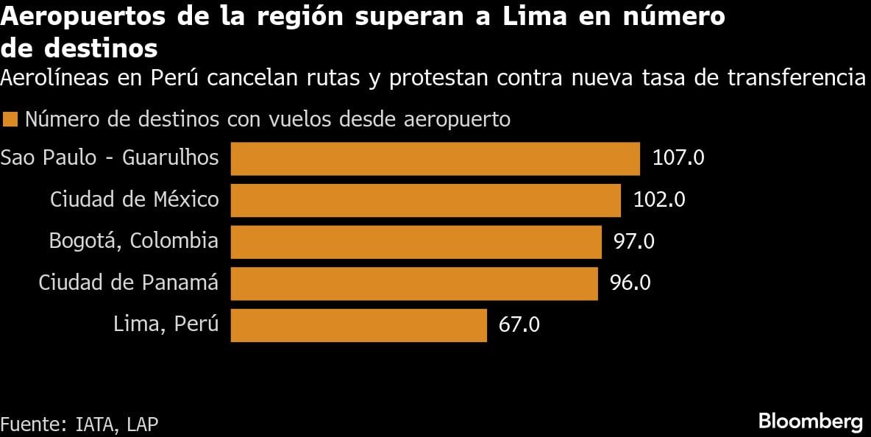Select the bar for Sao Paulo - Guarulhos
435,158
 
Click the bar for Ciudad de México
425,200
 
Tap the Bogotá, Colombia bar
416,241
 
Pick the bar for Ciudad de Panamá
414,283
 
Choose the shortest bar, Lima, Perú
358,324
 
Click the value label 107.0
678,158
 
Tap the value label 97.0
634,241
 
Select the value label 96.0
630,283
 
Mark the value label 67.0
519,324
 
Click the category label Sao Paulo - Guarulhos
110,157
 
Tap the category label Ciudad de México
134,199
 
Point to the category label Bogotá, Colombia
133,241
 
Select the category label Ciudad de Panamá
128,283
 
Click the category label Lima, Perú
166,324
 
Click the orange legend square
10,119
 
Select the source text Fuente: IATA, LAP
79,424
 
